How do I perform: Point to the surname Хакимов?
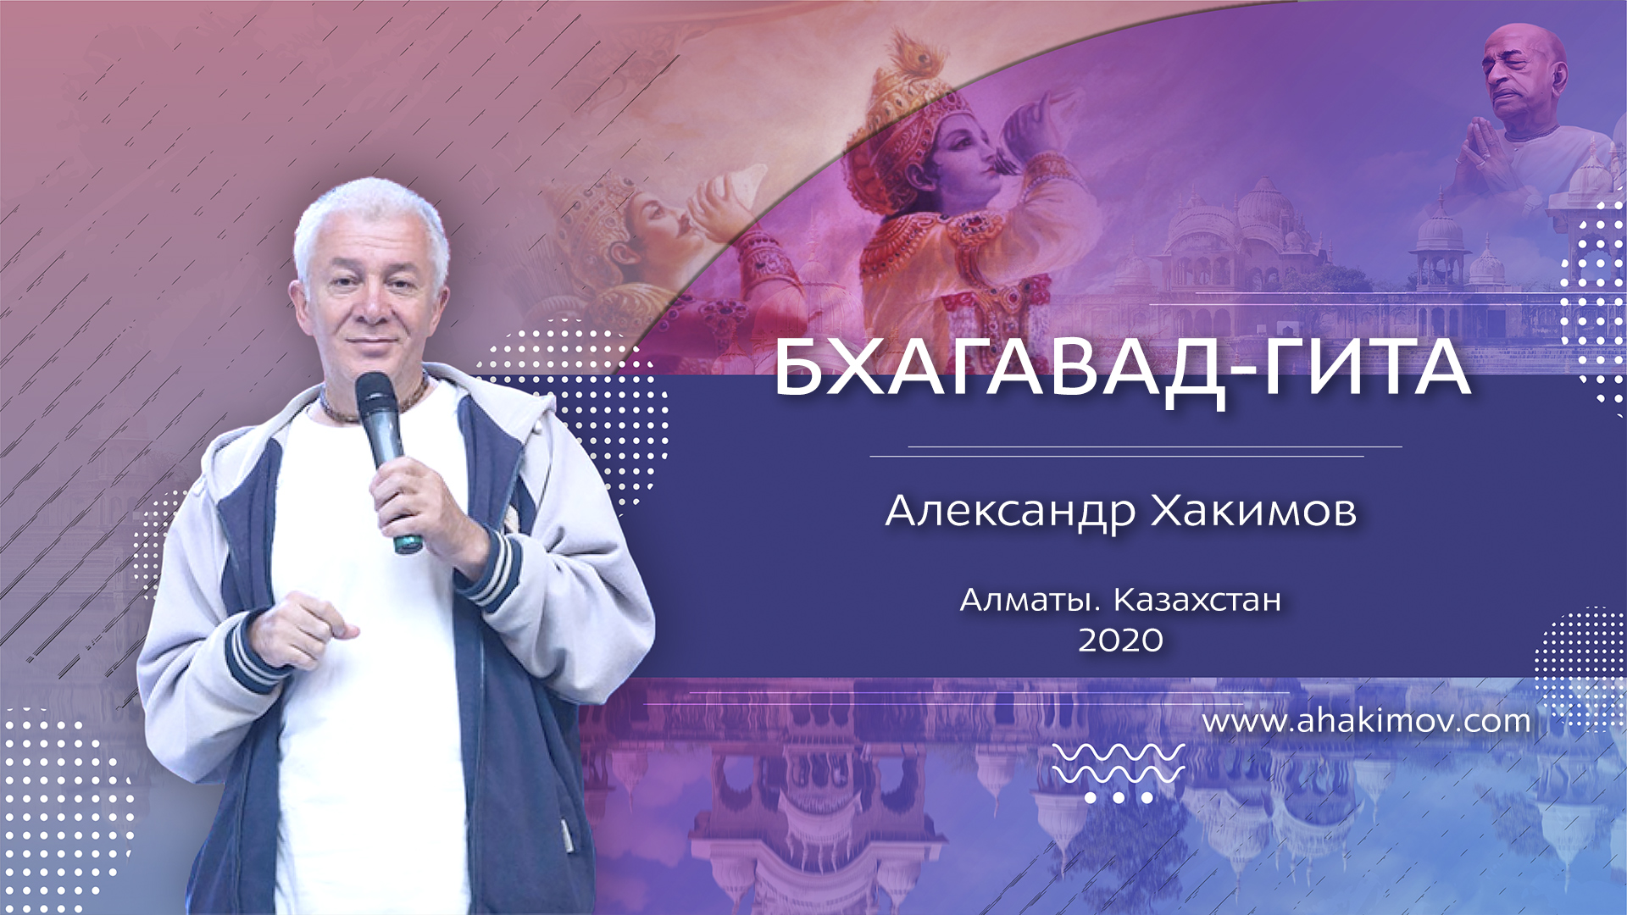point(1254,511)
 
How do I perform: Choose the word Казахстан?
point(1197,601)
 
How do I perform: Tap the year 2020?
point(1120,641)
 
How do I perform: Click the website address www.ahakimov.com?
point(1366,722)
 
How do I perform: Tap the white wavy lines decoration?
point(1119,762)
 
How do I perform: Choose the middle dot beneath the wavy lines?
point(1119,797)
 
